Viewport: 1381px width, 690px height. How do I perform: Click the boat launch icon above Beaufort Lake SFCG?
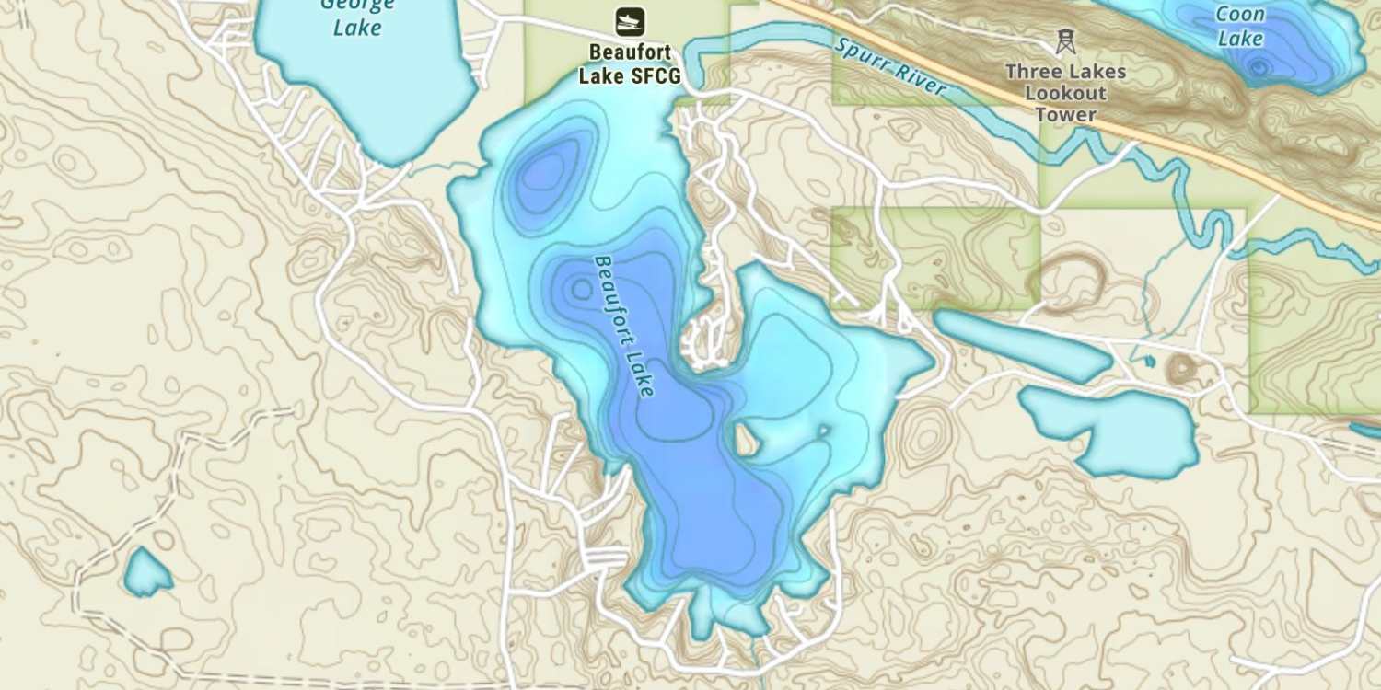pos(630,21)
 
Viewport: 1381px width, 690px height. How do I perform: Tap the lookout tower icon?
pos(1065,41)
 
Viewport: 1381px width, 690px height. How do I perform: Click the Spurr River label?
pos(889,66)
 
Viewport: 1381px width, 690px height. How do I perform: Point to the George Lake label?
pos(357,17)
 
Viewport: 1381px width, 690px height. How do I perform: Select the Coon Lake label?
pos(1240,26)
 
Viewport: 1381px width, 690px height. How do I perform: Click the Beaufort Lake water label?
pos(625,327)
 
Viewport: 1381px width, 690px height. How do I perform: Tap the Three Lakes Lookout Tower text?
pos(1065,93)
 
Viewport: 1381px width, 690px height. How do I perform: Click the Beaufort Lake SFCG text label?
pos(630,64)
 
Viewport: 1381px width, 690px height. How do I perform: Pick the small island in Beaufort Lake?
pos(747,440)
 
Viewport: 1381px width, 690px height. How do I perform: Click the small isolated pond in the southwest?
pos(147,572)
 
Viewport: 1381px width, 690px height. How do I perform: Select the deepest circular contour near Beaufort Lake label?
pos(582,290)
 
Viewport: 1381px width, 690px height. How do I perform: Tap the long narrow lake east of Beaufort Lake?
pos(1022,345)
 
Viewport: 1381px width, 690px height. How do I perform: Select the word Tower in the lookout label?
pos(1065,115)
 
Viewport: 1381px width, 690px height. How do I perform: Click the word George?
pos(357,5)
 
